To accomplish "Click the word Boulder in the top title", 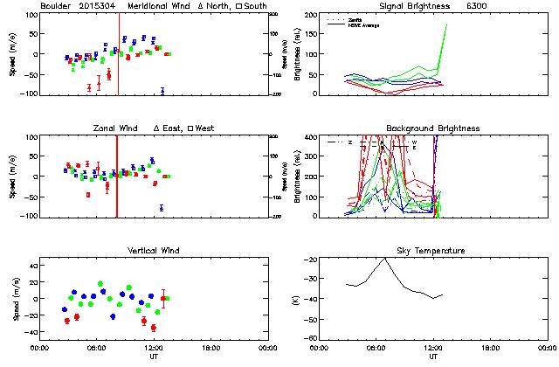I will pyautogui.click(x=57, y=5).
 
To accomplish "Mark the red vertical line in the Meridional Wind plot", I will pyautogui.click(x=119, y=52).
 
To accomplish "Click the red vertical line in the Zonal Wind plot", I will pyautogui.click(x=117, y=175).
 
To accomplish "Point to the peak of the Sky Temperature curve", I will pyautogui.click(x=385, y=259).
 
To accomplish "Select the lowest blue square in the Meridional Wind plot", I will pyautogui.click(x=162, y=91).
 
